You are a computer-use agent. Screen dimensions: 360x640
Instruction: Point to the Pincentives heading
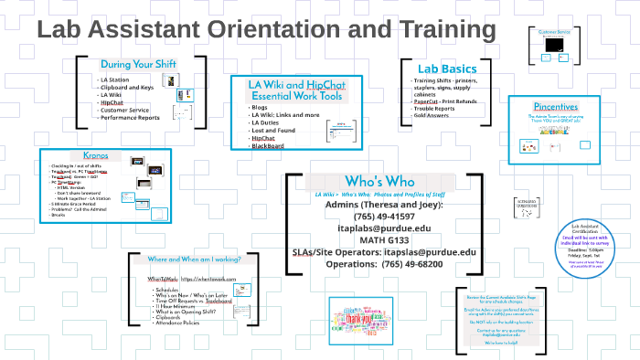click(556, 107)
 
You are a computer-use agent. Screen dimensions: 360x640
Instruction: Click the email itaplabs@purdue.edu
click(382, 228)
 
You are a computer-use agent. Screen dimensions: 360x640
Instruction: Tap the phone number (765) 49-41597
click(382, 216)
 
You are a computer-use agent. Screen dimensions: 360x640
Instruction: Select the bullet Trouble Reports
click(436, 108)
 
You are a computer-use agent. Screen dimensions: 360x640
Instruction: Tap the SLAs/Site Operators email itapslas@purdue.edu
click(430, 251)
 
